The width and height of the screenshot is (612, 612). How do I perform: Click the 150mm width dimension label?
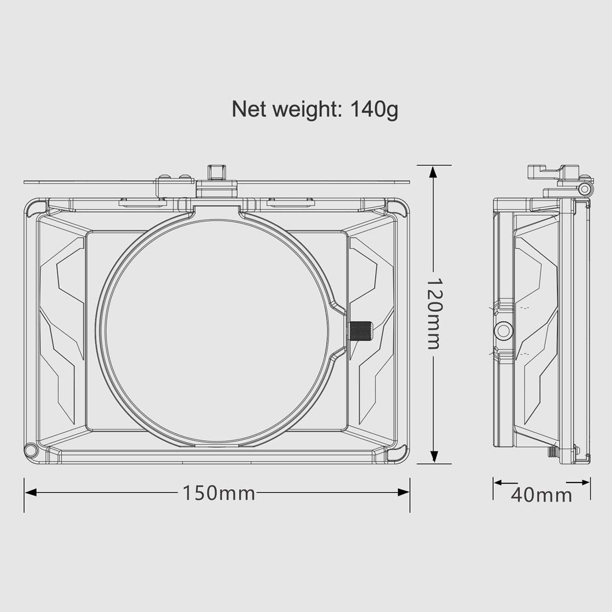[x=219, y=493]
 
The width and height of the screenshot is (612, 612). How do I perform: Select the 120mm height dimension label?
[x=433, y=313]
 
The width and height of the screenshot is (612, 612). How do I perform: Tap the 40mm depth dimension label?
[x=541, y=494]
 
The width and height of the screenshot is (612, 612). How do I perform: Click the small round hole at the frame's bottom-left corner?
[x=31, y=450]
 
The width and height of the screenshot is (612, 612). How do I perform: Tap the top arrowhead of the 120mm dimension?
[x=433, y=171]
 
